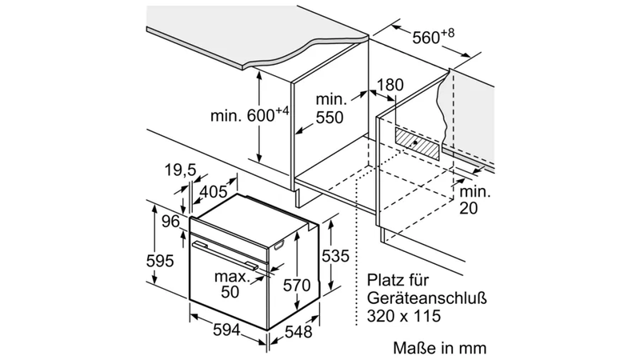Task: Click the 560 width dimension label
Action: click(433, 36)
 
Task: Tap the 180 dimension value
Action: click(390, 85)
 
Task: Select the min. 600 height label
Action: click(250, 114)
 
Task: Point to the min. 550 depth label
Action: click(330, 109)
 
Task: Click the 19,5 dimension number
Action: click(181, 170)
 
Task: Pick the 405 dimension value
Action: click(214, 191)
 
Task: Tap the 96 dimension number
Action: click(170, 222)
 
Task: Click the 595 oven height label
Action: click(160, 261)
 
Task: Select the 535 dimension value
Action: click(335, 256)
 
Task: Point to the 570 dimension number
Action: click(297, 285)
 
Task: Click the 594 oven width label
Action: click(227, 330)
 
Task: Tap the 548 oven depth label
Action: click(298, 332)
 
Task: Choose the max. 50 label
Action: click(232, 284)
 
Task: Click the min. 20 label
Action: click(475, 200)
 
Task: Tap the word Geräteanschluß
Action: click(426, 298)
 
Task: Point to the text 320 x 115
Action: click(404, 316)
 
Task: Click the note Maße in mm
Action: click(439, 348)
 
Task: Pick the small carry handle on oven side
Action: click(278, 246)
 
